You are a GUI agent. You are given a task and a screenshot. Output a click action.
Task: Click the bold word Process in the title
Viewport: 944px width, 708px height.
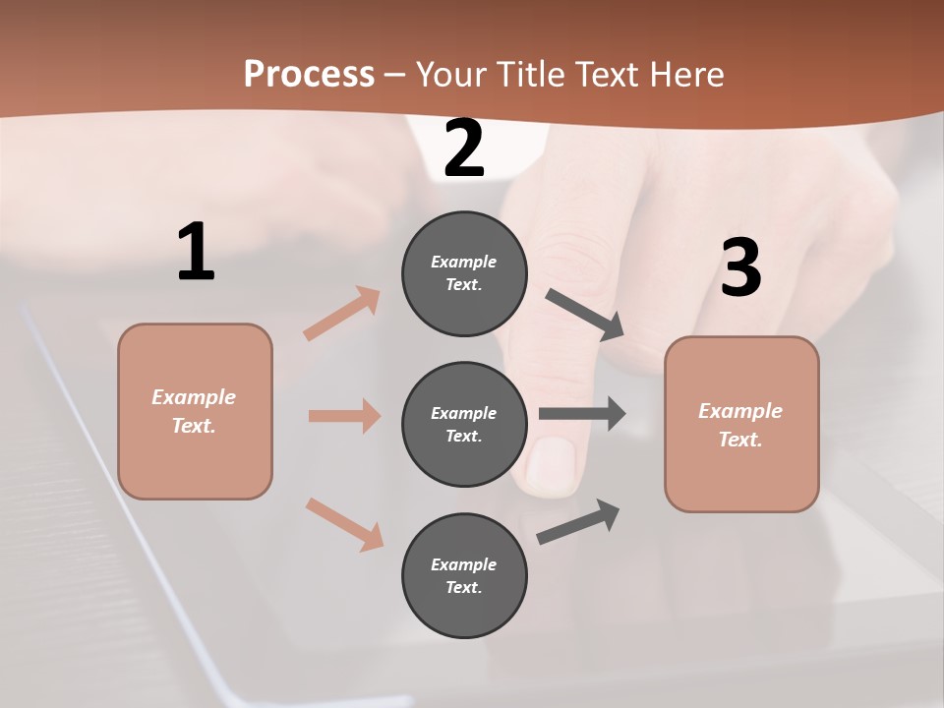click(309, 74)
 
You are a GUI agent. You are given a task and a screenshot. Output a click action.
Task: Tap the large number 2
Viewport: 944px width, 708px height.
click(464, 149)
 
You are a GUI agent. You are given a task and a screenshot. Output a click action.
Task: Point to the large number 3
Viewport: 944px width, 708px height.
click(740, 268)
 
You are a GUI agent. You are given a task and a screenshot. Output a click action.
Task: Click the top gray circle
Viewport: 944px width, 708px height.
click(464, 273)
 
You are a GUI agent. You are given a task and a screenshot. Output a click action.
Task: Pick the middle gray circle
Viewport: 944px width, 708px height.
click(464, 425)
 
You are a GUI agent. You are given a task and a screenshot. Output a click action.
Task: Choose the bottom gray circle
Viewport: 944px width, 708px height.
click(464, 576)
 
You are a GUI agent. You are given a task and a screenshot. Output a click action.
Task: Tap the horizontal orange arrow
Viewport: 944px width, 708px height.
click(344, 416)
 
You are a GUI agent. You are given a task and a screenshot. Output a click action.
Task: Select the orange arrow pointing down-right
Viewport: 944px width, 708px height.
click(344, 523)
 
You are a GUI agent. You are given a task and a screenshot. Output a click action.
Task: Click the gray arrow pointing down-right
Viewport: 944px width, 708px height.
click(584, 315)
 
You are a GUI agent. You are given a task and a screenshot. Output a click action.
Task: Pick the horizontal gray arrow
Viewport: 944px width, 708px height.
click(582, 414)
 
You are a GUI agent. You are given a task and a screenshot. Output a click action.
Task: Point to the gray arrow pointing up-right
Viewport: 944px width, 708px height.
click(579, 521)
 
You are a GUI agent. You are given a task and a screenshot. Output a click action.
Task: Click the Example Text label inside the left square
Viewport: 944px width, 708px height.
click(194, 411)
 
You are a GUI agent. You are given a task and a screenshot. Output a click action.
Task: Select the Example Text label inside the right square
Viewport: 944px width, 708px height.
click(740, 425)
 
